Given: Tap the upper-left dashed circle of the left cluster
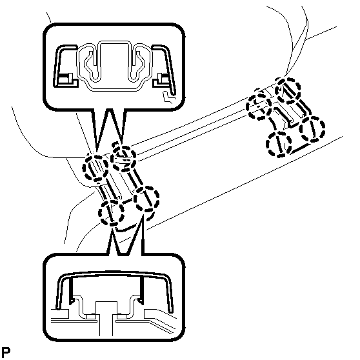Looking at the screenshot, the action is tap(95, 167).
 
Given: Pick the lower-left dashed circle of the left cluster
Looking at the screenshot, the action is tap(111, 213).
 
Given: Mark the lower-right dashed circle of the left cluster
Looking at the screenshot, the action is tap(146, 199).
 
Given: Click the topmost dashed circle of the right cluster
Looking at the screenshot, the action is tap(288, 90).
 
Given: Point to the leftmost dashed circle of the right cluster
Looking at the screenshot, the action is tap(259, 106).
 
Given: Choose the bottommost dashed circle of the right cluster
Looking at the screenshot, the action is tap(279, 144).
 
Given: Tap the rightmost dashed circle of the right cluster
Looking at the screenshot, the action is tap(312, 129).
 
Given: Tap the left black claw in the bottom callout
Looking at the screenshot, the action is tap(71, 290).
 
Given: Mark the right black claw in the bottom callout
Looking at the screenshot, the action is tap(141, 290).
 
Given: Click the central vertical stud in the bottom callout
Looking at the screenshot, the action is tap(106, 326).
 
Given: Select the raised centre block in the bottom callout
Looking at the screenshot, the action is tap(106, 308).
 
